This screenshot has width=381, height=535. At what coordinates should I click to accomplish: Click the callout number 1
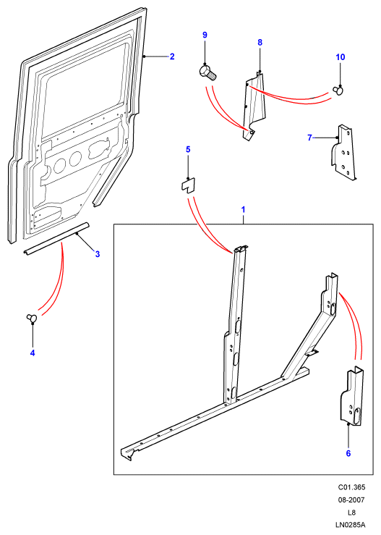coord(243,209)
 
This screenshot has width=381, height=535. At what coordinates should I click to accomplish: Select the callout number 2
coord(172,56)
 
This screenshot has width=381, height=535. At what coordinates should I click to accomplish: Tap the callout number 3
coord(98,254)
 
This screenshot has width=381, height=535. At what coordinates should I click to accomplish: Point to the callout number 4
coord(33,353)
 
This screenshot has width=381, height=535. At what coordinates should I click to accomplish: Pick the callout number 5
coord(188,149)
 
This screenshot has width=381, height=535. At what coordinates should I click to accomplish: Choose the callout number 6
coord(348,453)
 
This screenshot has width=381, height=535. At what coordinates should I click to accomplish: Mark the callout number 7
coord(309,138)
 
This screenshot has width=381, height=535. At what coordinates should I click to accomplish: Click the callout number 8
coord(260,42)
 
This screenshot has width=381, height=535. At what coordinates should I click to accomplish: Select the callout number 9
coord(205,35)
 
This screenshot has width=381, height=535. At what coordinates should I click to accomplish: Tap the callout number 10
coord(341,57)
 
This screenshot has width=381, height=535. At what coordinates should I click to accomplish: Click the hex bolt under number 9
coord(207,73)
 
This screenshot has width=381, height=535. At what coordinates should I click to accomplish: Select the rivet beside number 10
coord(338,90)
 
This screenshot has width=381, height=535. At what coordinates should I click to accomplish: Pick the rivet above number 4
coord(32,318)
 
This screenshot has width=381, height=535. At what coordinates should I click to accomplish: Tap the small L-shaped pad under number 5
coord(187,185)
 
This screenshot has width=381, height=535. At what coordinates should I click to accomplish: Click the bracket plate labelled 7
coord(343,153)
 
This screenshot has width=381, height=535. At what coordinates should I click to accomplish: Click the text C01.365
coord(351,487)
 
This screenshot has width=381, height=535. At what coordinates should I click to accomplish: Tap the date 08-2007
coord(351,500)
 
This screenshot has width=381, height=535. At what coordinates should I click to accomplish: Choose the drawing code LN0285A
coord(351,525)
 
